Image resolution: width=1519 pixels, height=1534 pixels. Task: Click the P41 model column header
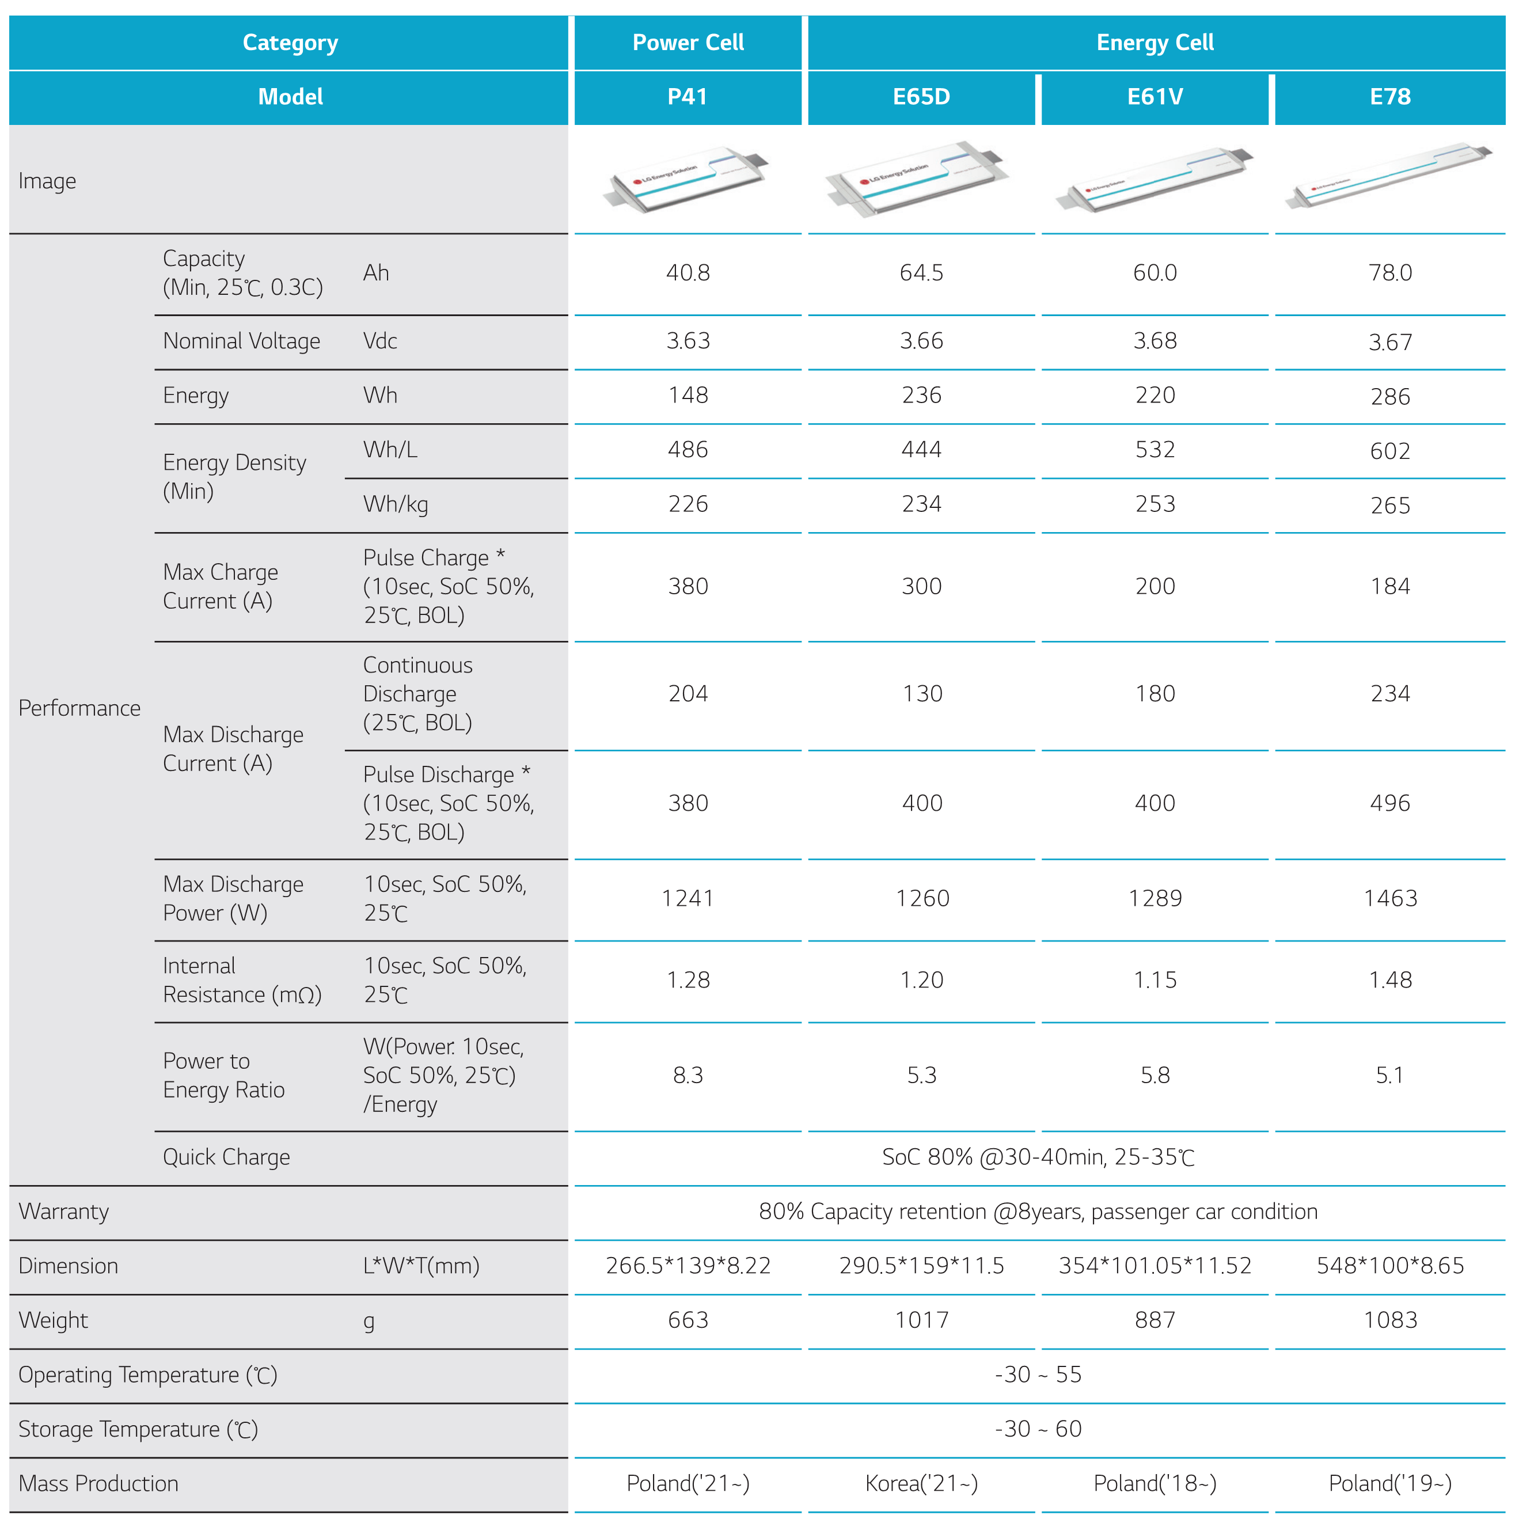click(687, 97)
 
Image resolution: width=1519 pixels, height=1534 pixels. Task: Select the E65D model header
click(921, 97)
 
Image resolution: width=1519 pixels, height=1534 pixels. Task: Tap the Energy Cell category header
click(1155, 43)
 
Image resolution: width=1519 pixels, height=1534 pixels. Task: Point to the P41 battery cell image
click(688, 180)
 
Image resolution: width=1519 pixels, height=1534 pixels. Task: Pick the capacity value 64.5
click(921, 273)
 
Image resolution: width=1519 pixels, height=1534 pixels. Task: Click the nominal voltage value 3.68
click(1155, 341)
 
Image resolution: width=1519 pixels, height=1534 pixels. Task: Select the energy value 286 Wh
click(1389, 397)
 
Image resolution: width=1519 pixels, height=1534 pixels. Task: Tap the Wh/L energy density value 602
click(1389, 451)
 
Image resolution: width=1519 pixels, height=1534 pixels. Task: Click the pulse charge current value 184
click(1389, 587)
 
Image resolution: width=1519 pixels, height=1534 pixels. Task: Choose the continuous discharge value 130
click(922, 694)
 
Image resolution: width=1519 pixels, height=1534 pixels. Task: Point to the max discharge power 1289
click(1155, 899)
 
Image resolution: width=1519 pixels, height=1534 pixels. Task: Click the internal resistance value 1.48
click(1389, 981)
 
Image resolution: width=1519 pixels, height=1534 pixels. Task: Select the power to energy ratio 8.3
click(688, 1076)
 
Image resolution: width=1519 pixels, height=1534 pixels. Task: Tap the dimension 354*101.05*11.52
click(1155, 1266)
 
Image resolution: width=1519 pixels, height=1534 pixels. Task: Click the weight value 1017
click(921, 1320)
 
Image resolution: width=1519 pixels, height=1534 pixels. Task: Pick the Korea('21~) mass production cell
click(921, 1483)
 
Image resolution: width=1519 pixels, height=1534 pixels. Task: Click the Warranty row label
click(63, 1212)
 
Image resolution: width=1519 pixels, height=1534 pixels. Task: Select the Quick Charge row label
click(226, 1157)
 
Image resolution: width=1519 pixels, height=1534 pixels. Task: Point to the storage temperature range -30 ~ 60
click(1038, 1429)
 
